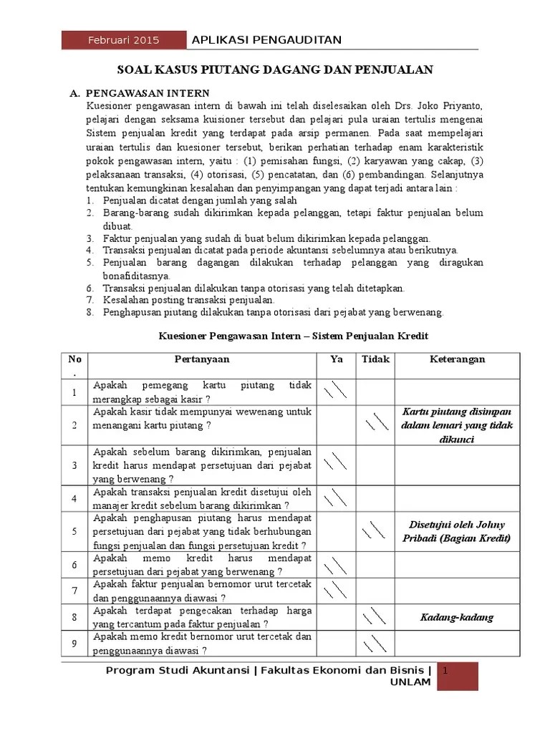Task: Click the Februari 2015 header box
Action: [123, 40]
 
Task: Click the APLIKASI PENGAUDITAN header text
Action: [267, 40]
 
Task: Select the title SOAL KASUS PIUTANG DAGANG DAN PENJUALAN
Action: [275, 69]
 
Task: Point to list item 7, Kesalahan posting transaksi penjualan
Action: [189, 300]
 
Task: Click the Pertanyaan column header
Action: [201, 359]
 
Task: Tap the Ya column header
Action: [337, 359]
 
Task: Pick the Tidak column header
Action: [375, 359]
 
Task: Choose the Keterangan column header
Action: [458, 359]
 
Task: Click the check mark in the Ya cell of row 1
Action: [335, 391]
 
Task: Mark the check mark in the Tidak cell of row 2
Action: [375, 423]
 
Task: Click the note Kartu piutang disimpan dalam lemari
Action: [458, 425]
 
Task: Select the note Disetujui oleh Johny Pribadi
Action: [458, 530]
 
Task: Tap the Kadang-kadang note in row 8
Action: [458, 617]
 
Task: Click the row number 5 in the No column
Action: [74, 531]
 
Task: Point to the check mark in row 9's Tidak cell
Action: [375, 644]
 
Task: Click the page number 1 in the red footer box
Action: [445, 671]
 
